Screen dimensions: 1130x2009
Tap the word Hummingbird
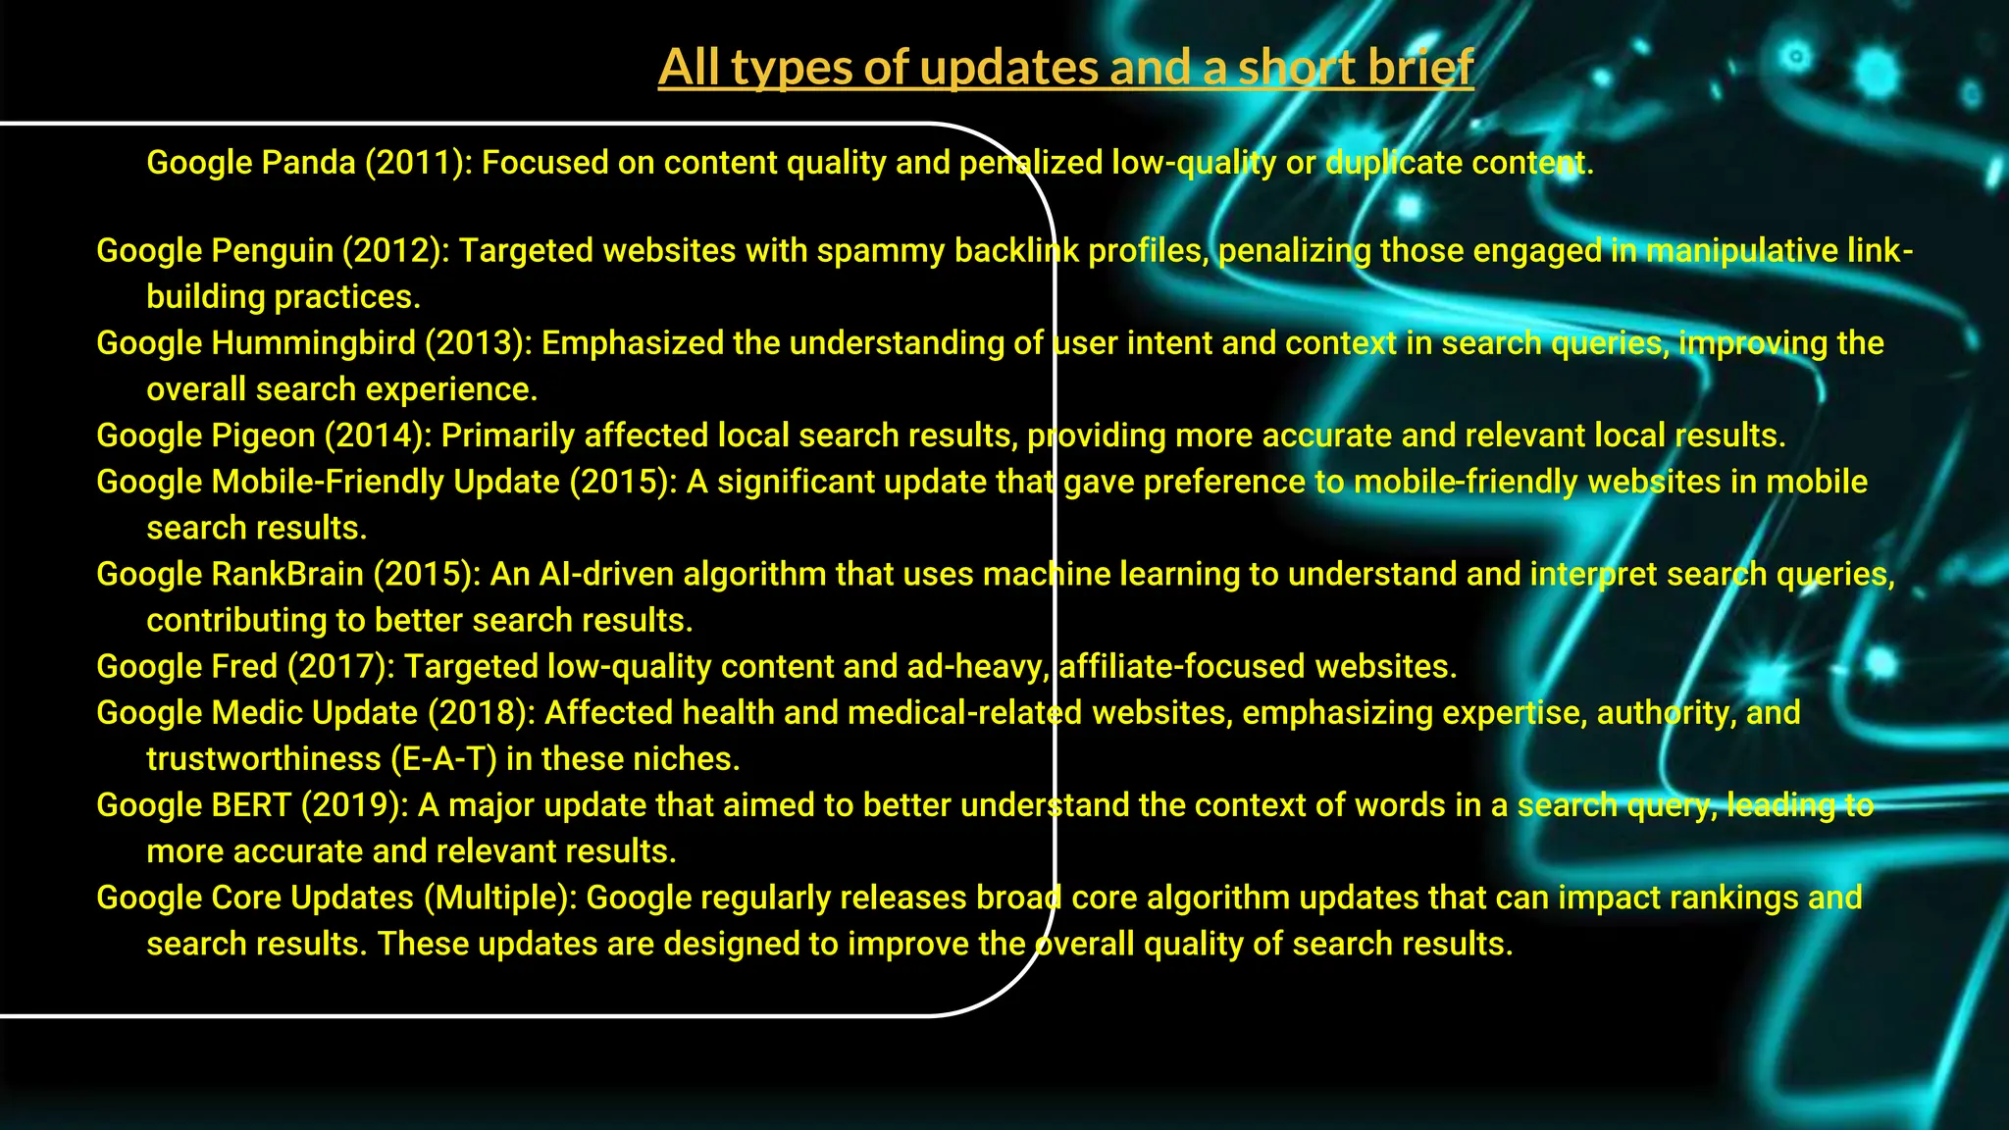(x=314, y=343)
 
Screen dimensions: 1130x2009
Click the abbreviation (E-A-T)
(x=443, y=759)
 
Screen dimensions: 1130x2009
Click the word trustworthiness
(x=263, y=759)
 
